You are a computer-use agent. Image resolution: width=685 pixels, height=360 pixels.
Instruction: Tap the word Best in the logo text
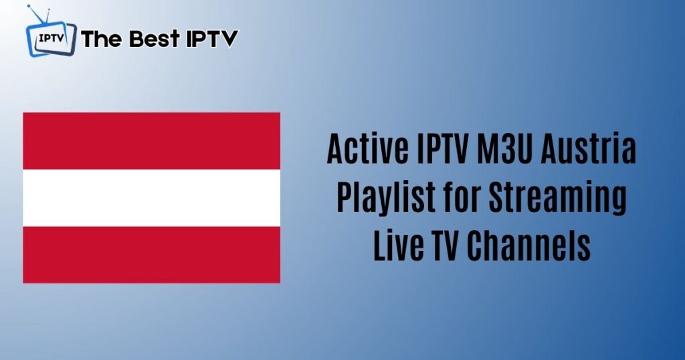(x=155, y=38)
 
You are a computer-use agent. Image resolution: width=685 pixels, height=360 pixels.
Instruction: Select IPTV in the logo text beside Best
(x=212, y=38)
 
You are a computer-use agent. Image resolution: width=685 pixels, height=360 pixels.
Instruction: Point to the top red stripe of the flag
(x=152, y=141)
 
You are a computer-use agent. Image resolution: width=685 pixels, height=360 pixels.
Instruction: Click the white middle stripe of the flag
(x=152, y=197)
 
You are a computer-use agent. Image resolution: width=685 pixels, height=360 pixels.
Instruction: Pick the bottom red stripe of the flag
(x=152, y=255)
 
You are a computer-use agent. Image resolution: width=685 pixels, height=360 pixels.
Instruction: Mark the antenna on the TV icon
(x=38, y=14)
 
